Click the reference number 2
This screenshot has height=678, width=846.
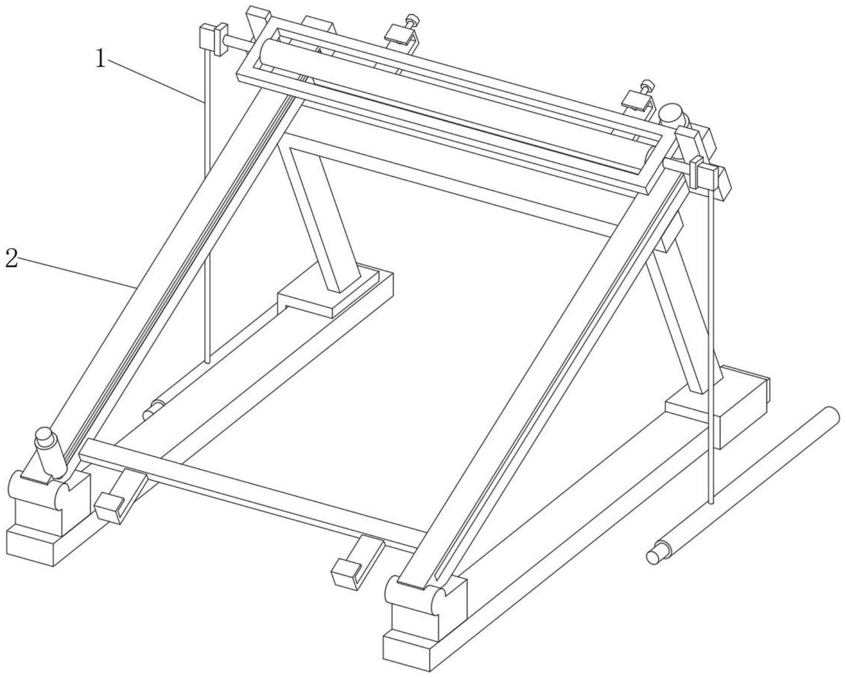pos(11,258)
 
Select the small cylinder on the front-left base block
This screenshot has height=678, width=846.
pos(50,453)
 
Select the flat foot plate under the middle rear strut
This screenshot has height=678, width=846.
pos(334,291)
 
